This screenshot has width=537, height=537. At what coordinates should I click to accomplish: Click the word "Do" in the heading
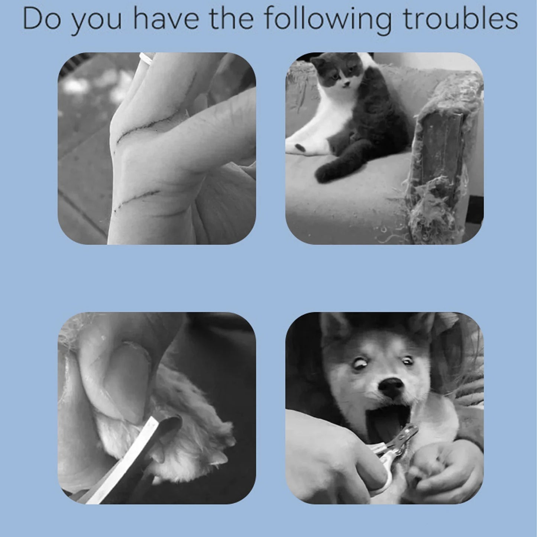[42, 19]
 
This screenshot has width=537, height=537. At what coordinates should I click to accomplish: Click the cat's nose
[346, 83]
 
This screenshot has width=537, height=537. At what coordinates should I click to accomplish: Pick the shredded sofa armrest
[443, 156]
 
